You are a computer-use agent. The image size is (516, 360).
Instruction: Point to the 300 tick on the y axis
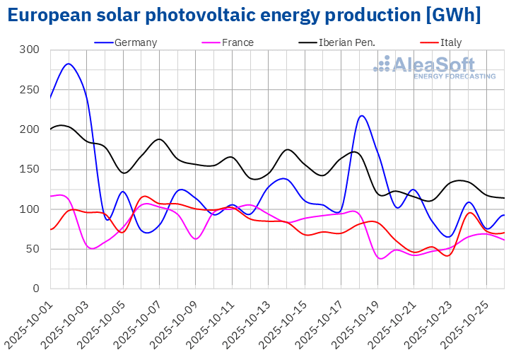coord(30,50)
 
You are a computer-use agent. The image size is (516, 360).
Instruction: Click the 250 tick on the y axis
coord(30,90)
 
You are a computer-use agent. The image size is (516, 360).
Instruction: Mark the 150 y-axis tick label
coord(30,169)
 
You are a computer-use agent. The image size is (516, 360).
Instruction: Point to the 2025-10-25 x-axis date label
coord(465,322)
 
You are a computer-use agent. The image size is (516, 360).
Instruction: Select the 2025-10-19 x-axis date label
coord(356,322)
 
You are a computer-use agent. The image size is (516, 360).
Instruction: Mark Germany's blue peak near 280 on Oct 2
coord(68,64)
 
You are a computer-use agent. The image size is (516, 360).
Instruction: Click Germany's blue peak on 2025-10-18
coord(361,116)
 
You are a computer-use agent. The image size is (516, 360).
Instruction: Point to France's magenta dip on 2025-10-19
coord(381,258)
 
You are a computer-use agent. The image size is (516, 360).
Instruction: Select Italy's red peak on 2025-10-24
coord(470,213)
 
